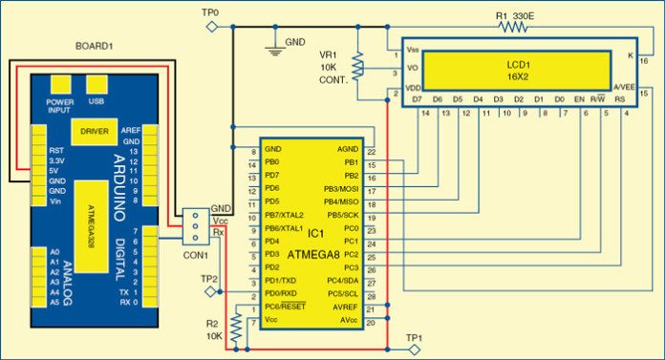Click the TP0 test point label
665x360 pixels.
210,11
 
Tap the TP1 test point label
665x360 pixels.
413,337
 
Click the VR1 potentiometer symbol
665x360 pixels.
358,66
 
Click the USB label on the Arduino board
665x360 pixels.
96,100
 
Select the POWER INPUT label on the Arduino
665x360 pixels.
59,103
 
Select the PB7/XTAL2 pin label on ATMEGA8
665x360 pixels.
284,215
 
